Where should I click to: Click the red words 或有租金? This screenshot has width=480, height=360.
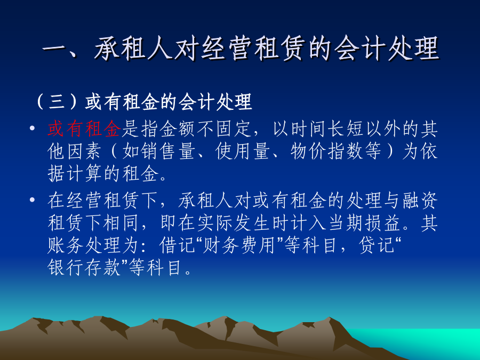click(84, 129)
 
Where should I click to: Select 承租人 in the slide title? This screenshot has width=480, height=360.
click(133, 49)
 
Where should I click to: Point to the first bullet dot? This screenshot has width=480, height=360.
click(32, 128)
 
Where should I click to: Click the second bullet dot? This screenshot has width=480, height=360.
click(32, 200)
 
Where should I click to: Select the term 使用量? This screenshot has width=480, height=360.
click(243, 151)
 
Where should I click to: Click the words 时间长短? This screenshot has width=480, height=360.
click(326, 129)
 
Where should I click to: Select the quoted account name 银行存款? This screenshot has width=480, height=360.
click(84, 268)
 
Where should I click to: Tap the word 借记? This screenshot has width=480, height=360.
click(177, 245)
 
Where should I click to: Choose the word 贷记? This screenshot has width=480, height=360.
click(377, 245)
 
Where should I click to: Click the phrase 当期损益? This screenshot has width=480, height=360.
click(365, 222)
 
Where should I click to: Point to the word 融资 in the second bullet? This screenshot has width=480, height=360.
click(420, 201)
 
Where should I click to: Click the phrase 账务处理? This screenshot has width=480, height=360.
click(84, 245)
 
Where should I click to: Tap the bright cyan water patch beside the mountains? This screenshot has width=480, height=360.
click(429, 340)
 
